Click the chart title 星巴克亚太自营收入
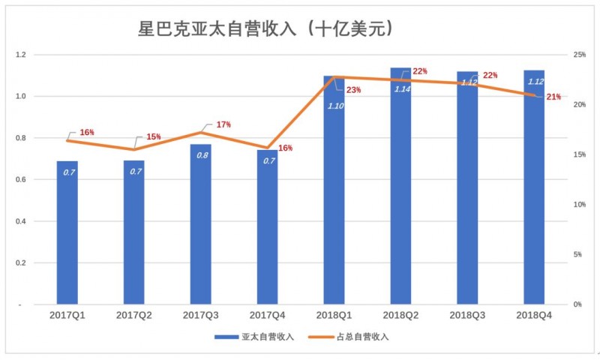coord(266,29)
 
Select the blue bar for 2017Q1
coord(67,232)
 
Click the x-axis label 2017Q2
coord(134,316)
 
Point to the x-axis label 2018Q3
coord(467,316)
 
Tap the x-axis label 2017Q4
coord(268,316)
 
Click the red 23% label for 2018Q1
coord(353,90)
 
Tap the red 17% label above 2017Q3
coord(223,124)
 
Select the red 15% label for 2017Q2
coord(154,137)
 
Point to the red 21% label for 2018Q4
coord(553,97)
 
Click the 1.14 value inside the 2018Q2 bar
coord(402,88)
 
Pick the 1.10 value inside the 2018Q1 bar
coord(334,105)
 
